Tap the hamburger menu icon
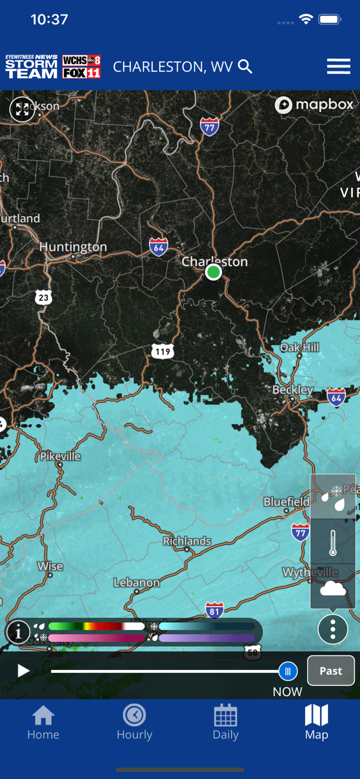point(338,66)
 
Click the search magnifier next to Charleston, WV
point(245,66)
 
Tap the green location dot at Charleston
point(213,272)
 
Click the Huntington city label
point(73,247)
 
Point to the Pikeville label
point(61,456)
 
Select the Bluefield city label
point(286,502)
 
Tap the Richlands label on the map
point(187,541)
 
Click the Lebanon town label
point(137,582)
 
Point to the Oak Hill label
point(300,347)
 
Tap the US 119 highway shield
point(163,352)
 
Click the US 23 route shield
point(44,298)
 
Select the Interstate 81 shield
point(215,611)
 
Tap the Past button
point(331,670)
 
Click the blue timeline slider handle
point(288,671)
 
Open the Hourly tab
point(135,721)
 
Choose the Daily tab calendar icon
point(225,716)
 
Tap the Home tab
point(43,721)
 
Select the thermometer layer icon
point(333,542)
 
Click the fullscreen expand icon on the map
point(22,109)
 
